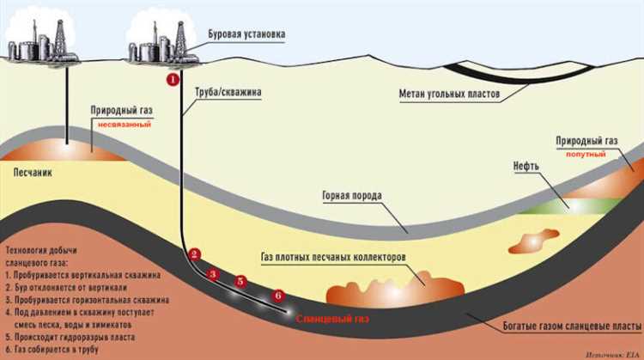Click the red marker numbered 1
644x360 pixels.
(x=172, y=79)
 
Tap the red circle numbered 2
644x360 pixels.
(x=195, y=254)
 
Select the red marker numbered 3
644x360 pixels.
(x=215, y=273)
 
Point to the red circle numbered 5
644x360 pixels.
(x=240, y=281)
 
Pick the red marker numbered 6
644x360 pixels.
(x=277, y=296)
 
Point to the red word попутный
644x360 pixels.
(x=586, y=154)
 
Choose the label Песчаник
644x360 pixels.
(x=33, y=172)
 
